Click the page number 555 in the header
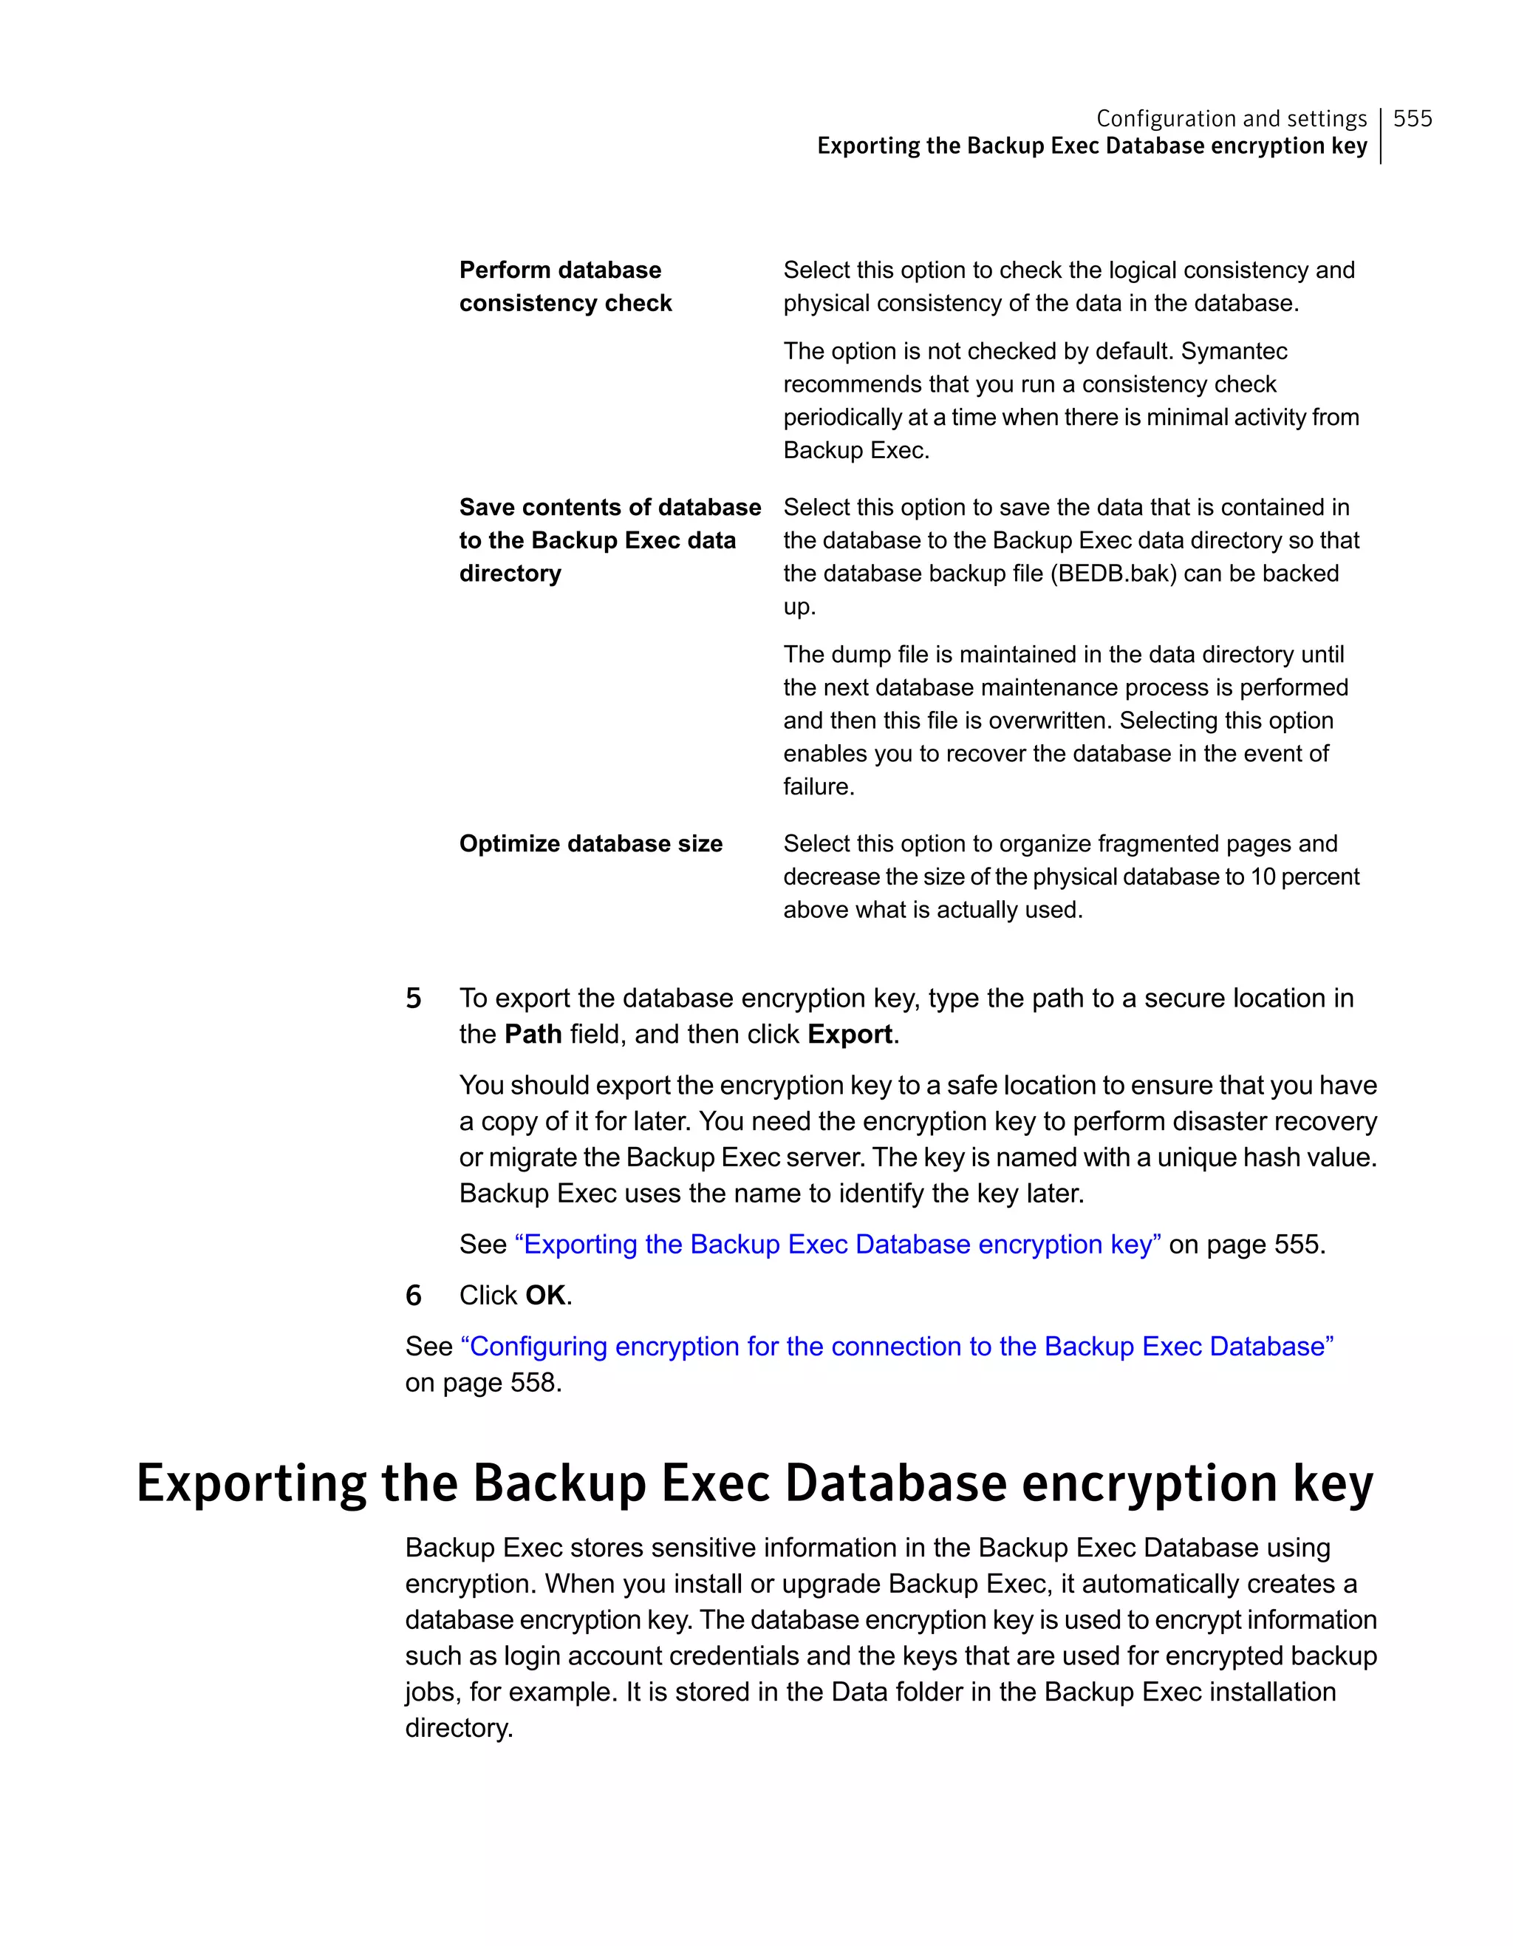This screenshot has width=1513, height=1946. [x=1412, y=118]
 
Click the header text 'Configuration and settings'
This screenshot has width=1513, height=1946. [x=1231, y=118]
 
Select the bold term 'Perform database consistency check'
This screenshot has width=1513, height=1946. [x=564, y=286]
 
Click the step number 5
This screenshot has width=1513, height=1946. [x=413, y=998]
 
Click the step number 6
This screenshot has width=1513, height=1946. [x=413, y=1295]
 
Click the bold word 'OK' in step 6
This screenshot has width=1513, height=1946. [x=545, y=1295]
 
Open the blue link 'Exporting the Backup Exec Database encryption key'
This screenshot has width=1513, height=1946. [x=837, y=1244]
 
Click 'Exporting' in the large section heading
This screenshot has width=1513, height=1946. [x=251, y=1483]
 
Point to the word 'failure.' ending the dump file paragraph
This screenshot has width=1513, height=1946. [x=819, y=787]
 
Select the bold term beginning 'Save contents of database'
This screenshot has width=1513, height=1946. [x=609, y=540]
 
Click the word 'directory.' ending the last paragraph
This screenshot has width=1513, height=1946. [x=459, y=1728]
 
